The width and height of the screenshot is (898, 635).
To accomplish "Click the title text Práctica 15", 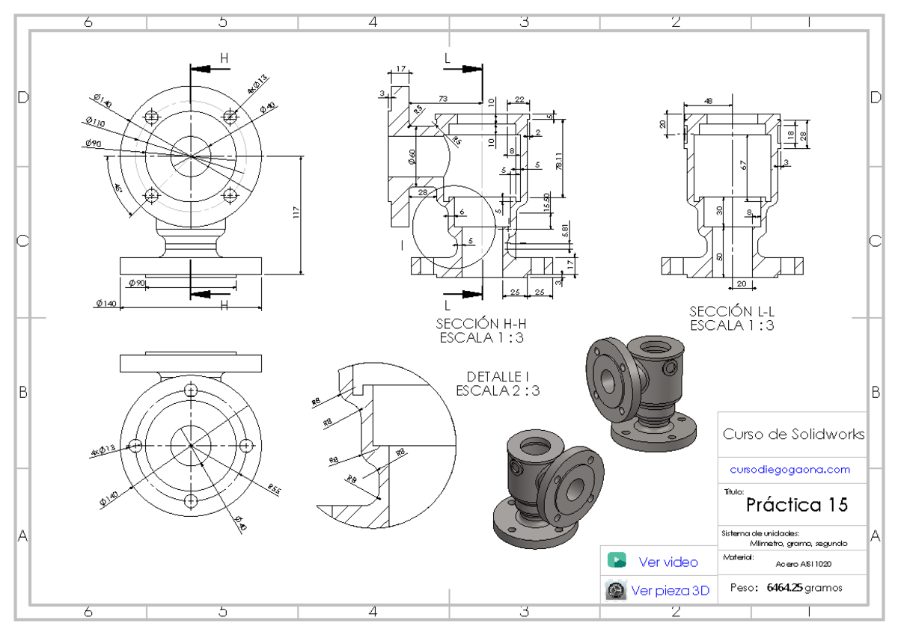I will click(797, 505).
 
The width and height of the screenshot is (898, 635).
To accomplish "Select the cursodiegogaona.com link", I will click(790, 470).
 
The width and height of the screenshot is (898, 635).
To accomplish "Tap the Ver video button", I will click(668, 562).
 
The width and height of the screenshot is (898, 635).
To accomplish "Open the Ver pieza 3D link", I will click(670, 591).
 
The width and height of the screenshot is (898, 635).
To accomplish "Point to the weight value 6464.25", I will click(784, 588).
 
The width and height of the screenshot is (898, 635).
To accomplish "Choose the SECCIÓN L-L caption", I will click(731, 311).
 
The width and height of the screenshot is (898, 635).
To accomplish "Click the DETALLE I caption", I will click(498, 376).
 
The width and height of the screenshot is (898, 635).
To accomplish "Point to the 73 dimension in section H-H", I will click(443, 99).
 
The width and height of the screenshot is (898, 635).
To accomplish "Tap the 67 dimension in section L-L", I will click(744, 165).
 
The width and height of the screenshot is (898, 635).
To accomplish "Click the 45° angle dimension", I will click(117, 187).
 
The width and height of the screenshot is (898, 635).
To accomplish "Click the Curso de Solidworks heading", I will click(793, 435).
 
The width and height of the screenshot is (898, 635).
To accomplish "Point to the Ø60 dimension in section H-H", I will click(411, 156).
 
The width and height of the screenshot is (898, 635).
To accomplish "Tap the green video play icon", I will click(617, 561).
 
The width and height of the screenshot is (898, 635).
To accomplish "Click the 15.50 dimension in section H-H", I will click(546, 203).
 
